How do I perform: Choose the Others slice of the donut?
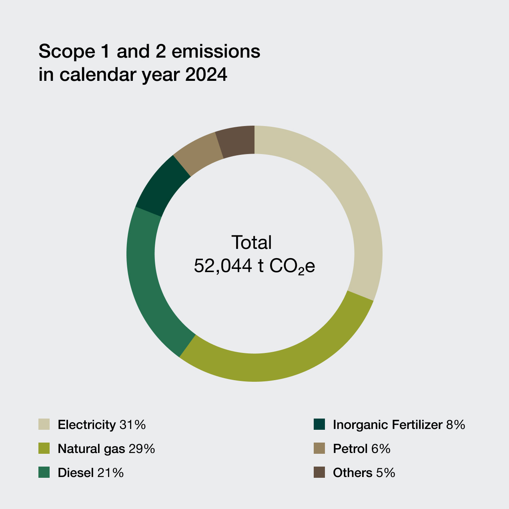236,141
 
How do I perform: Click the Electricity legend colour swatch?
44,424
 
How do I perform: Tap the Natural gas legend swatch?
44,449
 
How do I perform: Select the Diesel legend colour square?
44,473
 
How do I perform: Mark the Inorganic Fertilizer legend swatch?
319,424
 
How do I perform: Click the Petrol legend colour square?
319,449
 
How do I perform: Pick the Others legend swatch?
319,473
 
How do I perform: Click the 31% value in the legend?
132,425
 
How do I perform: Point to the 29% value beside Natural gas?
142,449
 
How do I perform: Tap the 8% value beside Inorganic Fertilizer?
455,425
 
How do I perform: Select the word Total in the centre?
252,242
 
